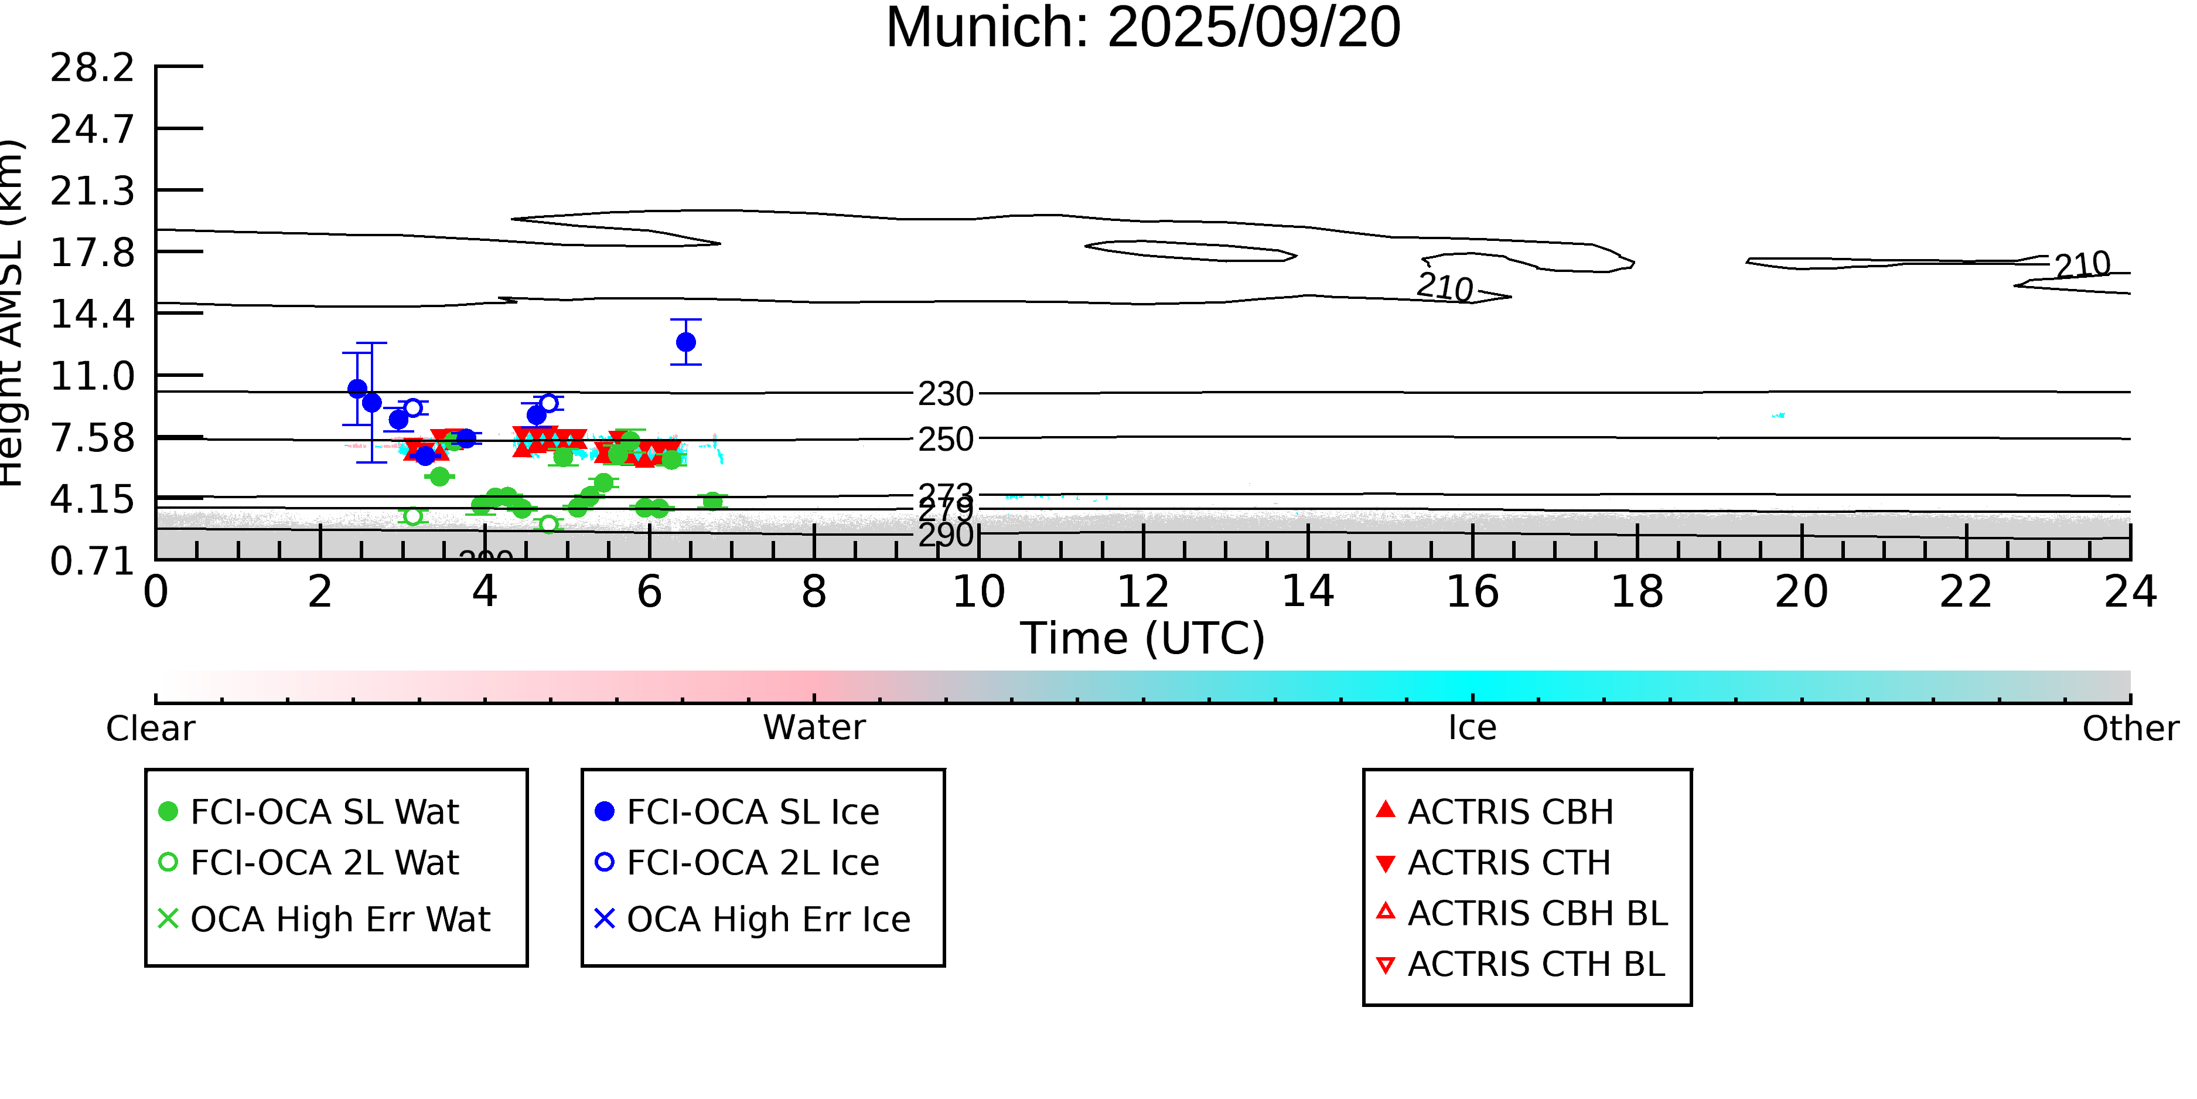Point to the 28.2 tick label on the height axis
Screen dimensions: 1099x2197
[x=92, y=68]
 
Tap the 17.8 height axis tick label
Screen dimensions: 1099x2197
[x=92, y=253]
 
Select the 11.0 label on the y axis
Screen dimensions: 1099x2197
[x=92, y=376]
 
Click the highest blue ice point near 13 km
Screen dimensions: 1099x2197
[x=685, y=342]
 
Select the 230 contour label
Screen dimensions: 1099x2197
[x=945, y=394]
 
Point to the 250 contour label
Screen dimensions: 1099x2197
[x=945, y=440]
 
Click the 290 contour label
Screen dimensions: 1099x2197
[x=945, y=535]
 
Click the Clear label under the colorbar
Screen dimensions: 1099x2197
[x=150, y=729]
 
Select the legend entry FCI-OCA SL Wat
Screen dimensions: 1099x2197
[x=324, y=811]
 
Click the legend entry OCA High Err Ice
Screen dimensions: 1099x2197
[x=767, y=920]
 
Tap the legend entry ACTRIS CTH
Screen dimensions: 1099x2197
[x=1509, y=863]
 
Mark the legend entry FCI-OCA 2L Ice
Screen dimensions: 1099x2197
[x=752, y=863]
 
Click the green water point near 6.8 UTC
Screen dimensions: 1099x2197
[x=712, y=502]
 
